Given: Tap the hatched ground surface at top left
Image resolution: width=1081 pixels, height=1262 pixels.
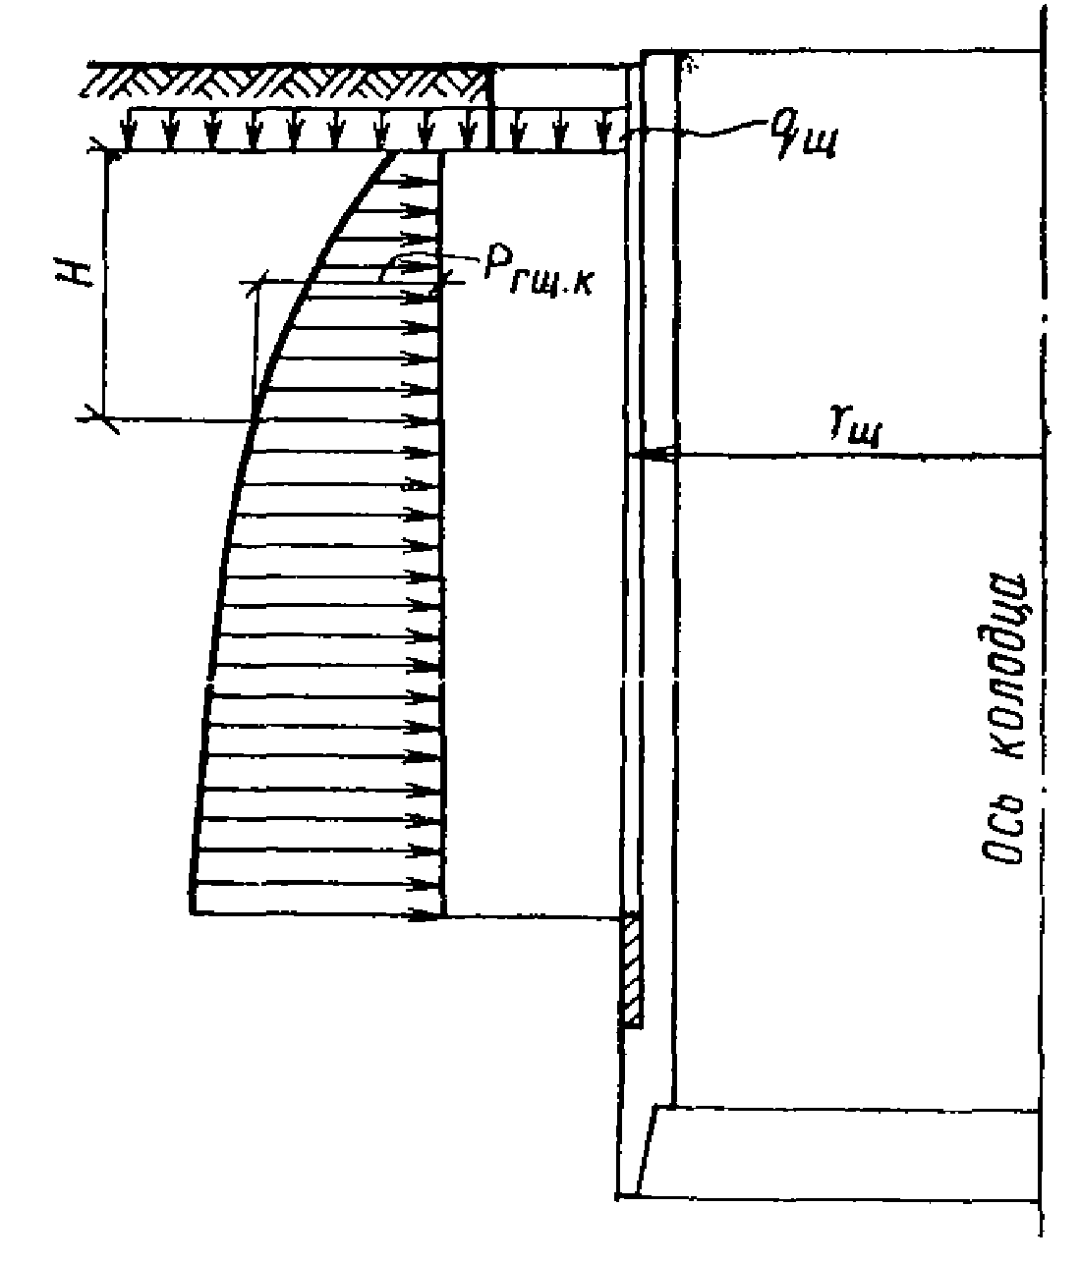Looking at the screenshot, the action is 285,82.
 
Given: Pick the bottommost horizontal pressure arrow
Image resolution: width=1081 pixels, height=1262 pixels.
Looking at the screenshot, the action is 314,915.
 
